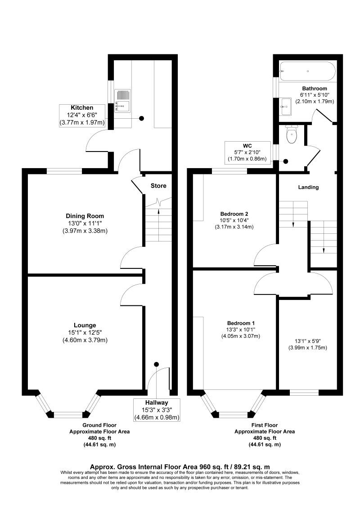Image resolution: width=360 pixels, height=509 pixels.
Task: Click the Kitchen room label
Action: click(82, 108)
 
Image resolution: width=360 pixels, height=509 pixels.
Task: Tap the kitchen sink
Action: click(122, 101)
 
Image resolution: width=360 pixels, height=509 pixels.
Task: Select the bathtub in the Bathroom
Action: click(307, 71)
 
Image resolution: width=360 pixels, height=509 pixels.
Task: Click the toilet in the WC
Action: click(292, 134)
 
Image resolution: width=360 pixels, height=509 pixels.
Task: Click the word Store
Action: click(158, 186)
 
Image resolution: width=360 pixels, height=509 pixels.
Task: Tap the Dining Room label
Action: click(85, 216)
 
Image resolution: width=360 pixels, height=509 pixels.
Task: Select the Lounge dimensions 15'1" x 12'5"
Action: click(85, 333)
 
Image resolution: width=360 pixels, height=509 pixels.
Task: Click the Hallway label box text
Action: click(157, 402)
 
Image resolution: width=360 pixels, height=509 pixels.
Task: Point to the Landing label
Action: click(308, 187)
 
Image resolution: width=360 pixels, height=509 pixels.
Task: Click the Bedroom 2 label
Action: click(234, 214)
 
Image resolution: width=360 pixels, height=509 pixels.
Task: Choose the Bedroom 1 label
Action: click(241, 323)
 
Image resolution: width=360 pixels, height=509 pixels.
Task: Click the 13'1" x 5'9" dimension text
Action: click(307, 341)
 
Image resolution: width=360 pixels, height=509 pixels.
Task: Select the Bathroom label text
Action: click(315, 88)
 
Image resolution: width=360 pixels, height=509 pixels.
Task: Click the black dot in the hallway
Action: click(157, 364)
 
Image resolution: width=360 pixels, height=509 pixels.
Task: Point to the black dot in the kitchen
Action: click(141, 119)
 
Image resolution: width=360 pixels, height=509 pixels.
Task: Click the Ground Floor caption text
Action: click(99, 425)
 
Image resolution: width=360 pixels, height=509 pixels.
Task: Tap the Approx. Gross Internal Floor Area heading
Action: click(180, 467)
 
